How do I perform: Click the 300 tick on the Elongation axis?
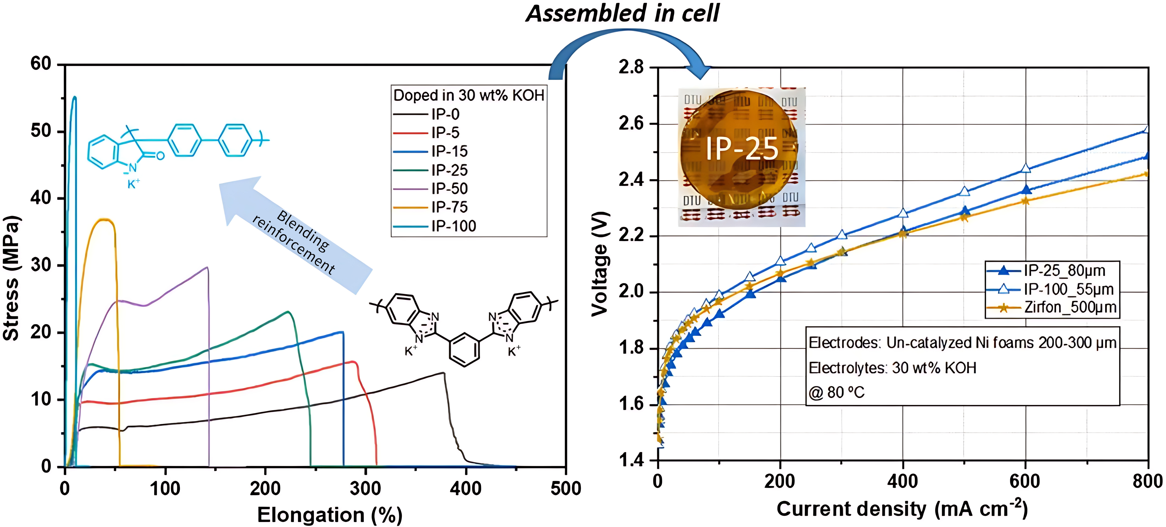[365, 488]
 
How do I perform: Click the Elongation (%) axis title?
[330, 515]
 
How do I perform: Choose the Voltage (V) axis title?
[600, 264]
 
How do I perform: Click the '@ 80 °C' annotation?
[836, 392]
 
